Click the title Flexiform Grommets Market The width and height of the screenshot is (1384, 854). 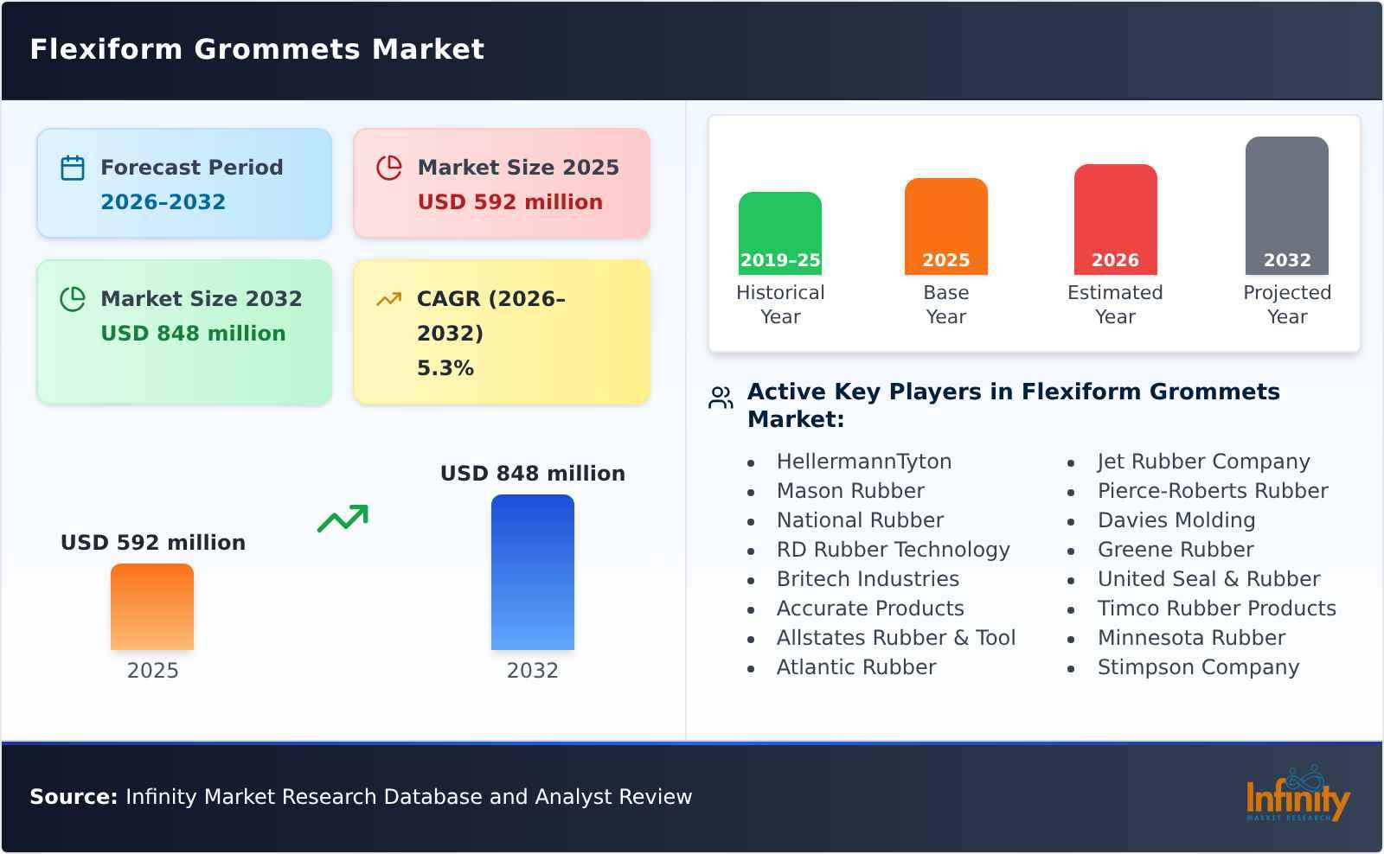click(257, 49)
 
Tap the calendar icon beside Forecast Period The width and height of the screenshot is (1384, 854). click(73, 168)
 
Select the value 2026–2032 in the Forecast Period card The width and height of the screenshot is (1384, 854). click(163, 202)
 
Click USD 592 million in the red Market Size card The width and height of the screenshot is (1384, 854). click(509, 202)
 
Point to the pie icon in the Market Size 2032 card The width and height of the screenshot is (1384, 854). click(73, 299)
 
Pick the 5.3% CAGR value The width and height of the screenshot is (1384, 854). click(445, 368)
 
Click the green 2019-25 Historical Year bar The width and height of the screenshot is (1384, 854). click(779, 233)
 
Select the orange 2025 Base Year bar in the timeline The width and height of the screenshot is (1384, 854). click(945, 226)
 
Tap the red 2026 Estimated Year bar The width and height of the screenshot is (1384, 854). click(1115, 220)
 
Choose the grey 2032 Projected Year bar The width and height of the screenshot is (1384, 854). click(1286, 206)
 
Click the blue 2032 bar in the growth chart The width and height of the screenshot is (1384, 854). click(532, 572)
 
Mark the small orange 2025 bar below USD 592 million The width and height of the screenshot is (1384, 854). click(152, 607)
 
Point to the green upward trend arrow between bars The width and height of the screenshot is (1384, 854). click(343, 519)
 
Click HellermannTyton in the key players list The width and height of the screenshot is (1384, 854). click(863, 462)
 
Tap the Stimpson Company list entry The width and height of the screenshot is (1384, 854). click(1198, 667)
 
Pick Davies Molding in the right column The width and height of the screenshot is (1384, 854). click(1176, 520)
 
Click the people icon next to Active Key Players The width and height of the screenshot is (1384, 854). click(721, 398)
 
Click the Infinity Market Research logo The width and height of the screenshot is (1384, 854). click(1297, 796)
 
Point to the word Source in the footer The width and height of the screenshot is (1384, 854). click(73, 797)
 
